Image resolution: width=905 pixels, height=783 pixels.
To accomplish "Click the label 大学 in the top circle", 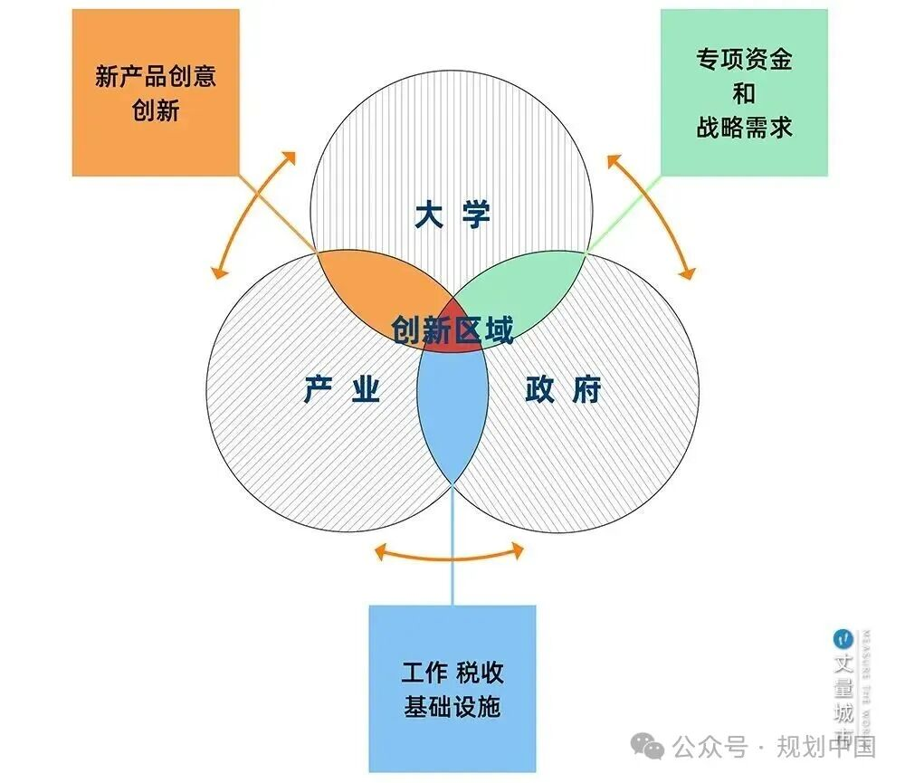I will coord(452,215).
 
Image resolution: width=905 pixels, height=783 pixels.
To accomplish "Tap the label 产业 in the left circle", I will coord(341,390).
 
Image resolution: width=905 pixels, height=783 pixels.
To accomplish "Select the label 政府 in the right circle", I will coord(563,390).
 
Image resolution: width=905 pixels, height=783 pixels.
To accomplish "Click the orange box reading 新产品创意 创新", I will coord(156,92).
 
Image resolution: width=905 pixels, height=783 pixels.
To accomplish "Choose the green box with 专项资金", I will coord(744,92).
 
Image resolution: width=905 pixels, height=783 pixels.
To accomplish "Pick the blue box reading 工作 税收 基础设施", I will coord(452,688).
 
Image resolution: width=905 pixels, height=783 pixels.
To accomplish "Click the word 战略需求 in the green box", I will coord(744,127).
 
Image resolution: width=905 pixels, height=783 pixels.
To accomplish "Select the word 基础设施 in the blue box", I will coord(452,707).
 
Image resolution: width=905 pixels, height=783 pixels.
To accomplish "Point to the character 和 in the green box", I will coord(744,93).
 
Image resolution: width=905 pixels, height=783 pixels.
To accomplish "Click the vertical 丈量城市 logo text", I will coord(843,688).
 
